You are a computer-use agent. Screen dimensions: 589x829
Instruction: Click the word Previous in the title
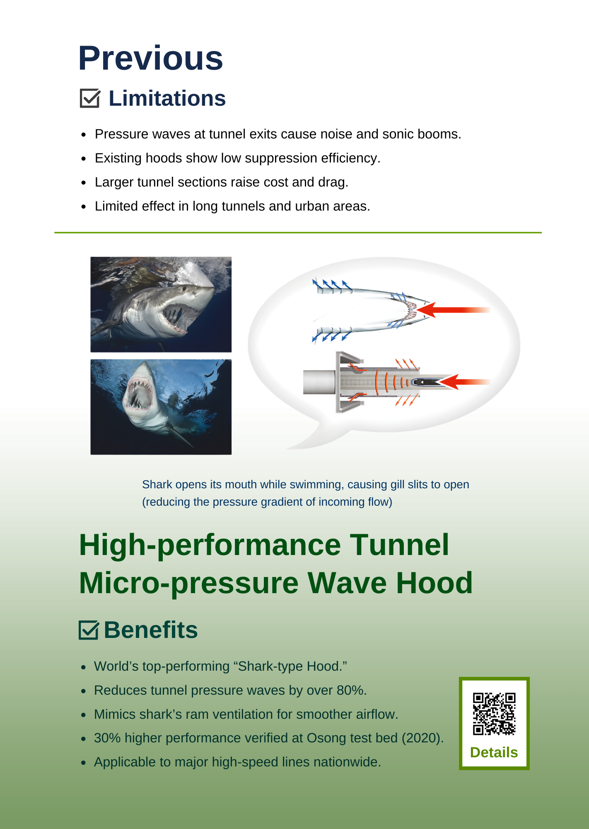pos(151,58)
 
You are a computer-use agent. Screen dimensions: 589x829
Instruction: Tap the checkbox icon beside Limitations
pos(90,98)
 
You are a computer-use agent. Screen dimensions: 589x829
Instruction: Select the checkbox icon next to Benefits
pos(89,630)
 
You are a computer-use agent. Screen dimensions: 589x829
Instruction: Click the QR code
pos(494,714)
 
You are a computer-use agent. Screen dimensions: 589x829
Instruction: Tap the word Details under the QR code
pos(494,752)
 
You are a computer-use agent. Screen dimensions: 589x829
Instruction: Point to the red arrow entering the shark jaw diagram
pos(453,310)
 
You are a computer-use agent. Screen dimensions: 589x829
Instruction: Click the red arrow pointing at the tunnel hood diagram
pos(464,382)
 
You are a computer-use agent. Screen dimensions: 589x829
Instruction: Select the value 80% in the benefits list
pos(352,690)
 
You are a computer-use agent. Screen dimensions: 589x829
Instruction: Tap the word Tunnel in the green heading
pos(400,545)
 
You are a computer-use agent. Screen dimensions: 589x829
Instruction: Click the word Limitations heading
pos(167,99)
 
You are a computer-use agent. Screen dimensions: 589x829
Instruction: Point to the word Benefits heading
pos(151,630)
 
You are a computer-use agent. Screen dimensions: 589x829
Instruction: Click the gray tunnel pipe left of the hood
pos(319,382)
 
